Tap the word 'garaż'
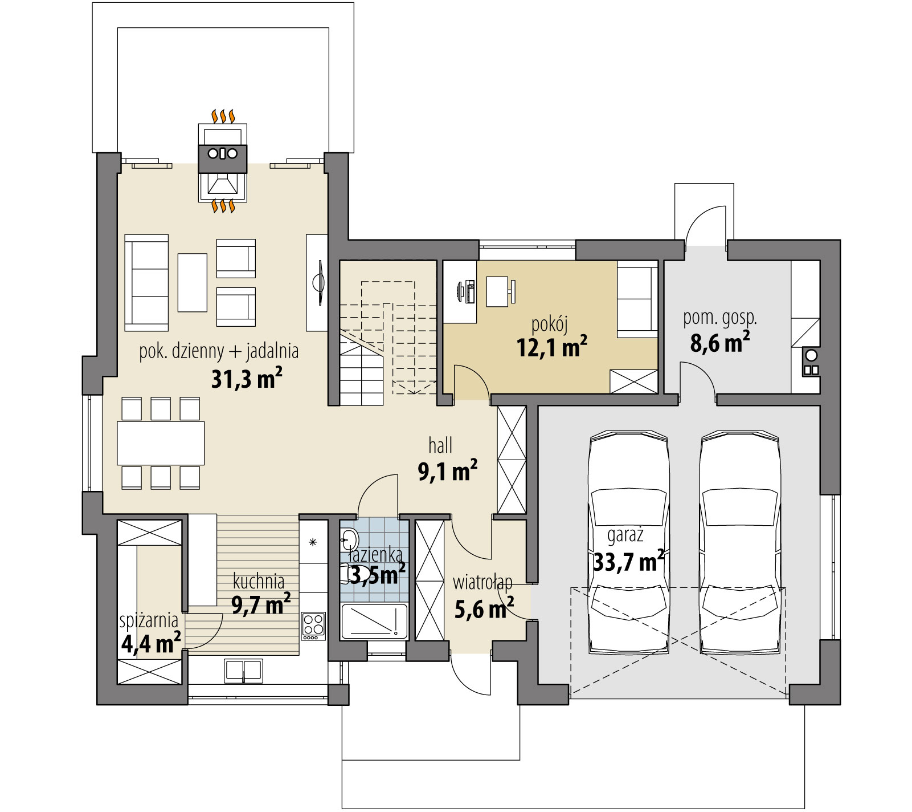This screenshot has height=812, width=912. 625,535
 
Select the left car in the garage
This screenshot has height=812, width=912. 628,542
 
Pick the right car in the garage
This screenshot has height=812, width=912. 740,542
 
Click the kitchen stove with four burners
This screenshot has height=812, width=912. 313,626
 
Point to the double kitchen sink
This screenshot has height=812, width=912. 244,671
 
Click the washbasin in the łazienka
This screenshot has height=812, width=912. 349,538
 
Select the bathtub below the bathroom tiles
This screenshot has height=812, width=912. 374,622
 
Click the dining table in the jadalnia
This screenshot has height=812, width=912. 161,443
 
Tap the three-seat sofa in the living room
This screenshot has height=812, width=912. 146,282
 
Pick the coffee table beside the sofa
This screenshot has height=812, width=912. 192,282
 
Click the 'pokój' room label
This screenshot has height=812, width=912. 549,325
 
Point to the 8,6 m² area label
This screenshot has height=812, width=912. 719,342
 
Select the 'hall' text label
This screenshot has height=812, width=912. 440,445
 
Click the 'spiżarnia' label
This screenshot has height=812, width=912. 149,620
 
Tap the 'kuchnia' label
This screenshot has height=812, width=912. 259,582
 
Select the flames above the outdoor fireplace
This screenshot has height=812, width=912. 223,116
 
